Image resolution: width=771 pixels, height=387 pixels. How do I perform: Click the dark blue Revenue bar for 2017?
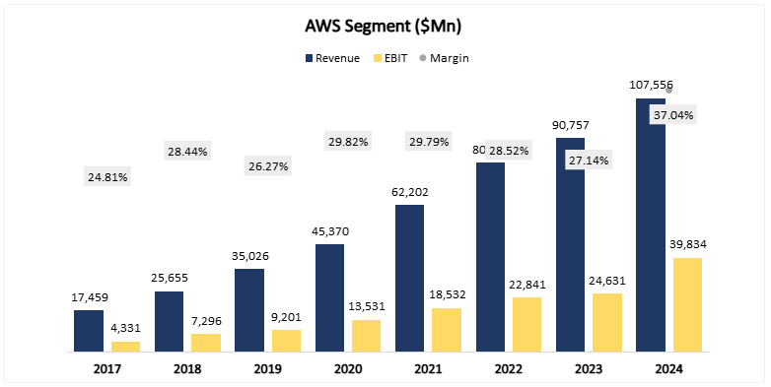click(x=89, y=331)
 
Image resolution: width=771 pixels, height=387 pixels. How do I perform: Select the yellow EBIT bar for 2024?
click(x=687, y=304)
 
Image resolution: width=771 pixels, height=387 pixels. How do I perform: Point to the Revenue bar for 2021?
click(x=409, y=278)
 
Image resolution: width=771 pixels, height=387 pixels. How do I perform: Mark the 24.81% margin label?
click(x=107, y=178)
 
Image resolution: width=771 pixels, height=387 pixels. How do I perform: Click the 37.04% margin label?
click(x=672, y=115)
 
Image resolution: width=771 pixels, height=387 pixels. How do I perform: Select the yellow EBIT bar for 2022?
click(x=527, y=324)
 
